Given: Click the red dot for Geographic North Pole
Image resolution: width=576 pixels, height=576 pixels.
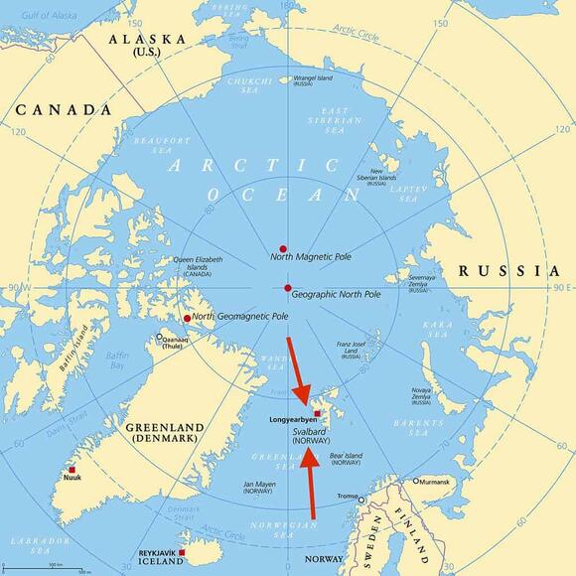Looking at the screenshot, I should [x=288, y=288].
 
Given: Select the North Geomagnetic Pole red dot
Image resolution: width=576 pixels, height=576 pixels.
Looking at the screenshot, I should [x=187, y=318].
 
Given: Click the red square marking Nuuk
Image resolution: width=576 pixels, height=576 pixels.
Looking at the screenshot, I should [x=72, y=470].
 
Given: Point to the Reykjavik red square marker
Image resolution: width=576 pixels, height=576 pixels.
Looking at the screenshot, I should [x=182, y=552].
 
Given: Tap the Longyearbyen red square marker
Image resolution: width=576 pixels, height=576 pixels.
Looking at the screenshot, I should [x=317, y=414].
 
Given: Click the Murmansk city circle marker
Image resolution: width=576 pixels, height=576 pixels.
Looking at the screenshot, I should [x=416, y=482].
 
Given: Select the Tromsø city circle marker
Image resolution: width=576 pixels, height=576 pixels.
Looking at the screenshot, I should [x=362, y=500].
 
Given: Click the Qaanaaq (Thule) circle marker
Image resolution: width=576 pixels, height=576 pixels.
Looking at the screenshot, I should [x=160, y=338].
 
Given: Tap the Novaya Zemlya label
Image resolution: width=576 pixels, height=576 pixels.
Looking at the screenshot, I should [x=420, y=394].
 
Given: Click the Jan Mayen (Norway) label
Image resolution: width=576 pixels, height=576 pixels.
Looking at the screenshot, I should [x=258, y=488].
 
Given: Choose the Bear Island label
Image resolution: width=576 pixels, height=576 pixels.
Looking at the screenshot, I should [x=346, y=459].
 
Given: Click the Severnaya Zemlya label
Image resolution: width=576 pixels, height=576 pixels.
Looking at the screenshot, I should [x=418, y=282].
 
